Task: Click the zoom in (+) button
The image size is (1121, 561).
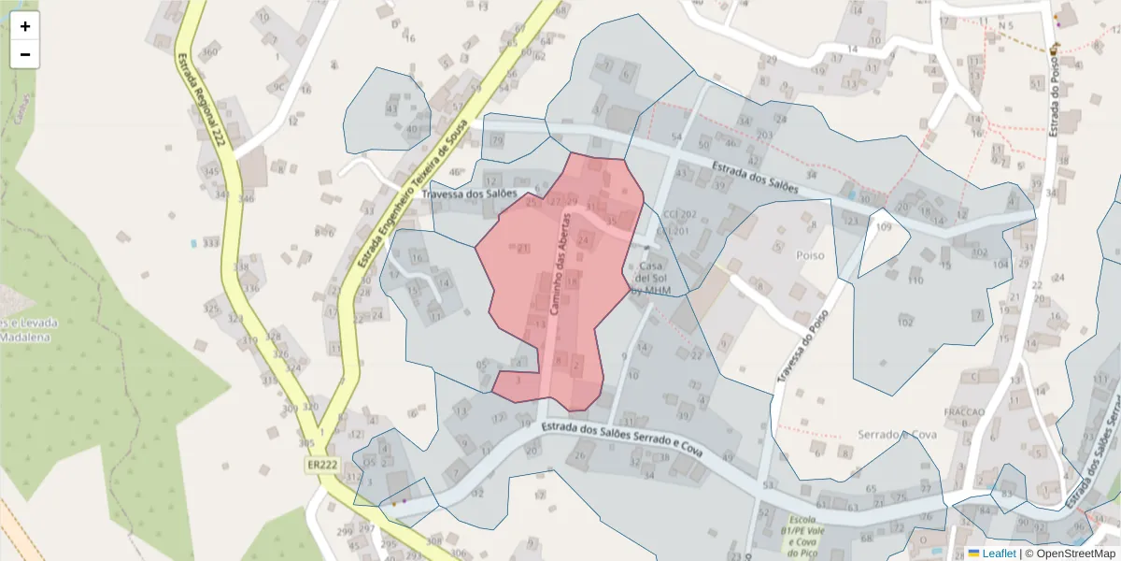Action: (25, 26)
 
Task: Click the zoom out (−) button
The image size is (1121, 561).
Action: (25, 54)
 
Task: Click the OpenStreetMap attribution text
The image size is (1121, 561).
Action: (1073, 554)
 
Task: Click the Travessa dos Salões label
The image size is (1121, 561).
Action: (469, 194)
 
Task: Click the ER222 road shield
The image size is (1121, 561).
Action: (320, 465)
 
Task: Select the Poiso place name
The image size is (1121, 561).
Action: (809, 254)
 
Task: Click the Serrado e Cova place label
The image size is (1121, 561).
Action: (897, 435)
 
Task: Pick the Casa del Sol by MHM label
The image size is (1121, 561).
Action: (650, 278)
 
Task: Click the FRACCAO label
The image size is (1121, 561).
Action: (964, 411)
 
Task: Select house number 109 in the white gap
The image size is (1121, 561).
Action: (884, 228)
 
